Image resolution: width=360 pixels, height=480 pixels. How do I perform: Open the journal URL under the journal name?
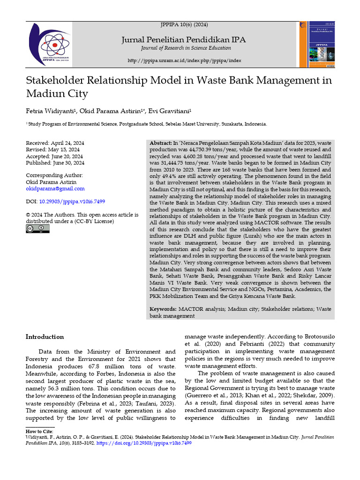coord(184,61)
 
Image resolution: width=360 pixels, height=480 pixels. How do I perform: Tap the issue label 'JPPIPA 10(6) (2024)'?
coord(184,24)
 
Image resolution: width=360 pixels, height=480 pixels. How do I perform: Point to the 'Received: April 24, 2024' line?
coord(55,143)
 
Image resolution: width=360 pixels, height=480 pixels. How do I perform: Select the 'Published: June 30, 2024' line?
coord(55,163)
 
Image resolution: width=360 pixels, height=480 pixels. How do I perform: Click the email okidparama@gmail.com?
coord(55,188)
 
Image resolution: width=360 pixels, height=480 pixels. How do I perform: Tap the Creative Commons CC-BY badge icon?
coord(37,229)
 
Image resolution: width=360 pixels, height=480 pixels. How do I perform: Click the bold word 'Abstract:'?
coord(161,142)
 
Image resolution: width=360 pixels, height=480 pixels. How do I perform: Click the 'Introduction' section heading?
coord(45,337)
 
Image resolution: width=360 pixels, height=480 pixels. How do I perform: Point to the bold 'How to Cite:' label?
coord(40,431)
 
